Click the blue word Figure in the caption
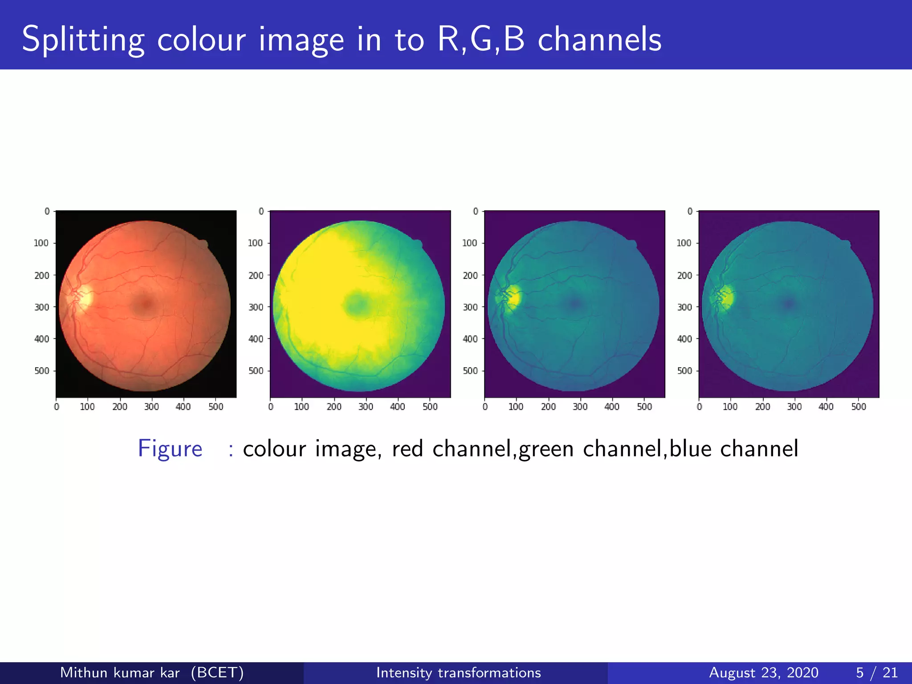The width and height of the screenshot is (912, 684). [170, 448]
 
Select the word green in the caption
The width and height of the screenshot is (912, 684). [546, 449]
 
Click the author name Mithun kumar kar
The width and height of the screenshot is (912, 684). [120, 672]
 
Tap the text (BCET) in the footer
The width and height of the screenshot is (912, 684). [217, 672]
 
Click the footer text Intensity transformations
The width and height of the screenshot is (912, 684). [458, 672]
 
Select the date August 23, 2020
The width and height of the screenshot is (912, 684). [763, 672]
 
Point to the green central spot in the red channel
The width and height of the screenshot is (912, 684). [356, 305]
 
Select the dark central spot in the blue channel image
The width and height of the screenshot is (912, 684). [789, 304]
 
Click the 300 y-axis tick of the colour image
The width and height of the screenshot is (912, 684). [41, 307]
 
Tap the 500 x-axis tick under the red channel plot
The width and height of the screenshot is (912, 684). [430, 407]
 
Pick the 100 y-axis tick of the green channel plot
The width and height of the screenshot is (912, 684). [469, 243]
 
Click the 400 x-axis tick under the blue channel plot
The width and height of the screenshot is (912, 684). [826, 407]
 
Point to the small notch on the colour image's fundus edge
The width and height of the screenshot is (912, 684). [203, 244]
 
